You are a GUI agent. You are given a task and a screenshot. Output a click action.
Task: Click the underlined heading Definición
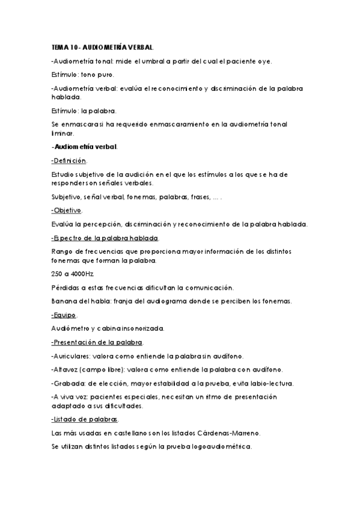click(x=70, y=161)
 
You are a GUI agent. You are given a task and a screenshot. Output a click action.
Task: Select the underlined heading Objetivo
click(x=67, y=210)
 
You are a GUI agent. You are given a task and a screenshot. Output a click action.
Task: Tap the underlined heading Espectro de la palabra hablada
click(x=105, y=238)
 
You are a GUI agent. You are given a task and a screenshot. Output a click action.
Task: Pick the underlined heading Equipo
click(x=65, y=315)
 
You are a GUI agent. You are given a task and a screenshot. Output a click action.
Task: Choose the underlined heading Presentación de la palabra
click(x=98, y=342)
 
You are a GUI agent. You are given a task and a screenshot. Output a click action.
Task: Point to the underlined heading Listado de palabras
click(x=85, y=419)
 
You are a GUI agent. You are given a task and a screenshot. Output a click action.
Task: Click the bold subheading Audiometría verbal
click(x=85, y=147)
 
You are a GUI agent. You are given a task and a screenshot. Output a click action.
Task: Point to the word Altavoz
click(x=66, y=369)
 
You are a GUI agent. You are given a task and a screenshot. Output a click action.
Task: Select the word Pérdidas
click(x=65, y=287)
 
